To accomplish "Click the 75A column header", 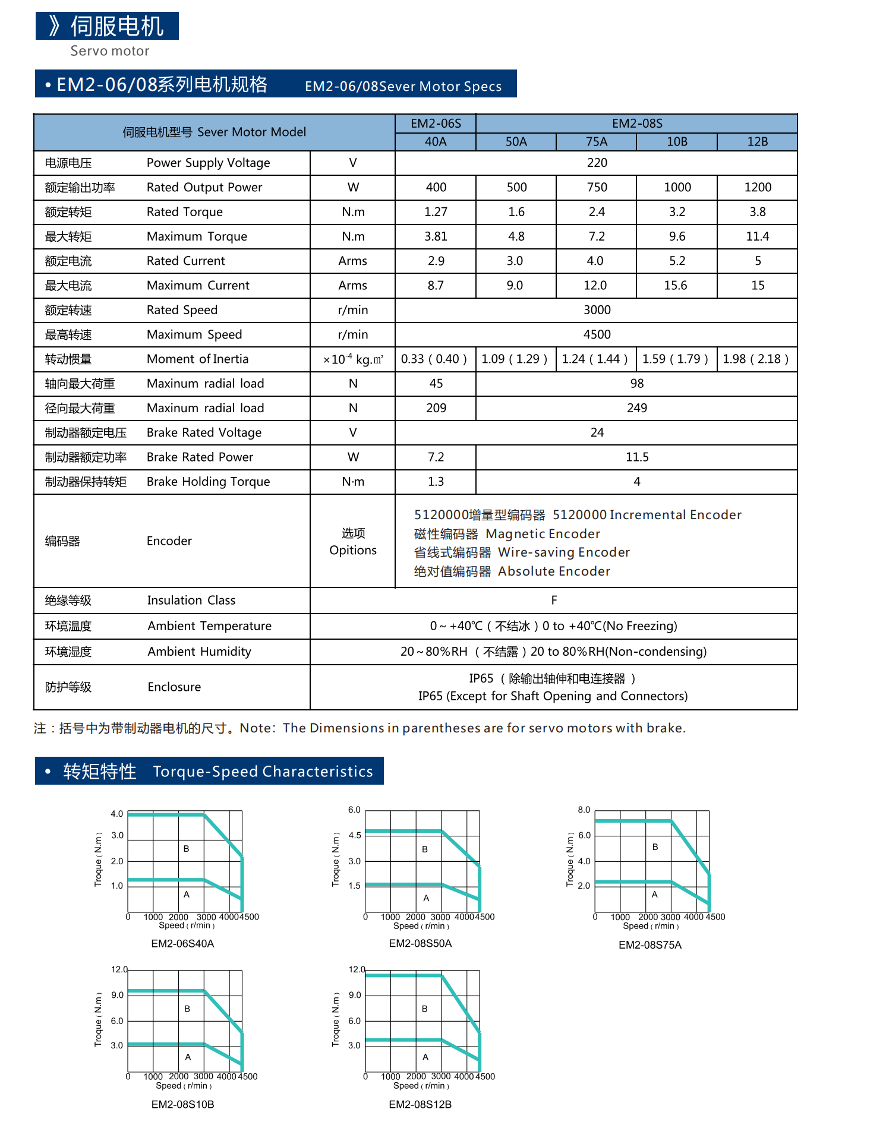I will click(x=596, y=141).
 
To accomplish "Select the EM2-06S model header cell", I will click(x=436, y=124).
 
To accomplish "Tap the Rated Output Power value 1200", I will click(x=758, y=187).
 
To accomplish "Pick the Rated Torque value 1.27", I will click(x=436, y=212).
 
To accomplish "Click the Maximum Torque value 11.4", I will click(x=758, y=236).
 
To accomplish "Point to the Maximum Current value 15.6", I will click(x=676, y=286).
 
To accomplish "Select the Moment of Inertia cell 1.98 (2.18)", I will click(x=756, y=359).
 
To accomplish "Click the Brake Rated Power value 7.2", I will click(x=436, y=457).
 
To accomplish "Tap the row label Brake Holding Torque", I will click(x=208, y=482).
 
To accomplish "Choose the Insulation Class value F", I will click(x=554, y=600).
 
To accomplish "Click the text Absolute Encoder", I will click(x=554, y=571).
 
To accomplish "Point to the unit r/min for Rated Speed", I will click(x=353, y=310).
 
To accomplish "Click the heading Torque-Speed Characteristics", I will click(x=263, y=772).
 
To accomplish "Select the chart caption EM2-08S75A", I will click(x=650, y=945).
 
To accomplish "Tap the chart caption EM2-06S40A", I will click(x=182, y=943).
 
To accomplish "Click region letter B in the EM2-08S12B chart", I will click(x=424, y=1009).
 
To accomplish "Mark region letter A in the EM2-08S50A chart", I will click(x=426, y=898).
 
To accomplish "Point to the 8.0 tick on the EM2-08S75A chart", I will click(x=584, y=810).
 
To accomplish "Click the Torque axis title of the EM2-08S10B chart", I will click(x=98, y=1019).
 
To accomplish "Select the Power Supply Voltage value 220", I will click(x=597, y=163).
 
